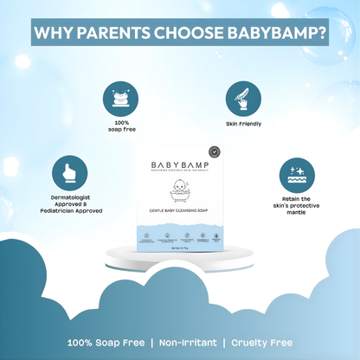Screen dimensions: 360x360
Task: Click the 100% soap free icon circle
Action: pyautogui.click(x=120, y=100)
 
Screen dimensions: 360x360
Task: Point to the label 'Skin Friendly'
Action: pyautogui.click(x=243, y=125)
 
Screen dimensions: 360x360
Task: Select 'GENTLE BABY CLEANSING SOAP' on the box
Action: pyautogui.click(x=181, y=211)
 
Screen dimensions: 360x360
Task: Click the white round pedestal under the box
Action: pyautogui.click(x=180, y=254)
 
